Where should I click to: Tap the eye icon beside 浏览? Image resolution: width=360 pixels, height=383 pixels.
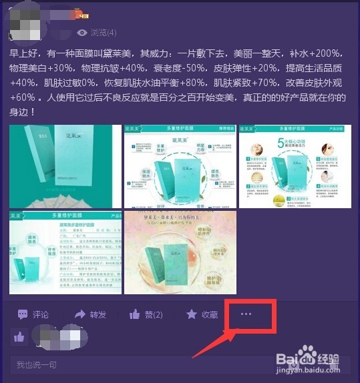click(x=83, y=33)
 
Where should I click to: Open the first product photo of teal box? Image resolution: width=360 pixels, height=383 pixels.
click(x=64, y=166)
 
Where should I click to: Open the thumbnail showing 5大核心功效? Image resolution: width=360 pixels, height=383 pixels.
click(x=295, y=166)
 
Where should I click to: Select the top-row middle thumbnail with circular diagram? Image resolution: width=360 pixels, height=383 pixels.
click(x=179, y=166)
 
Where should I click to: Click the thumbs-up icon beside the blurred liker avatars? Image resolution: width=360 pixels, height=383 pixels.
click(x=19, y=337)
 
